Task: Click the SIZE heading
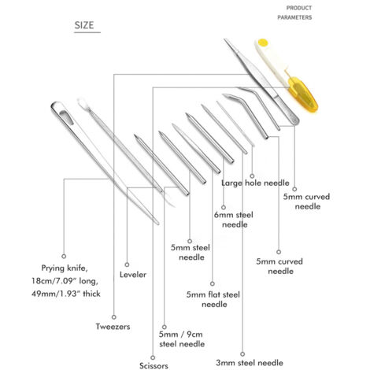84,25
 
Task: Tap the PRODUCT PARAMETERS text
294,13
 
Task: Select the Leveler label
133,275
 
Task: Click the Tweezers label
113,327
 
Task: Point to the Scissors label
154,365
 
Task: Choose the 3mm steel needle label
250,363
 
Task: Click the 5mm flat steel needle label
213,299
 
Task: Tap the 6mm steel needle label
234,220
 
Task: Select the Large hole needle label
255,183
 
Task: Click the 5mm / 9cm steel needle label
182,339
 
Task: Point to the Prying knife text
65,268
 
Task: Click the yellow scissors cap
303,94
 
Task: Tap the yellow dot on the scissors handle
263,42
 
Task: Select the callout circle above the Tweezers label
114,317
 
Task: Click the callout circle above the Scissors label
153,357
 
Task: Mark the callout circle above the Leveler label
127,265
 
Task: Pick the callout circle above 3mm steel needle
242,354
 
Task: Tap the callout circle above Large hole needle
252,176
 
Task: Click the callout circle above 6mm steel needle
224,207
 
